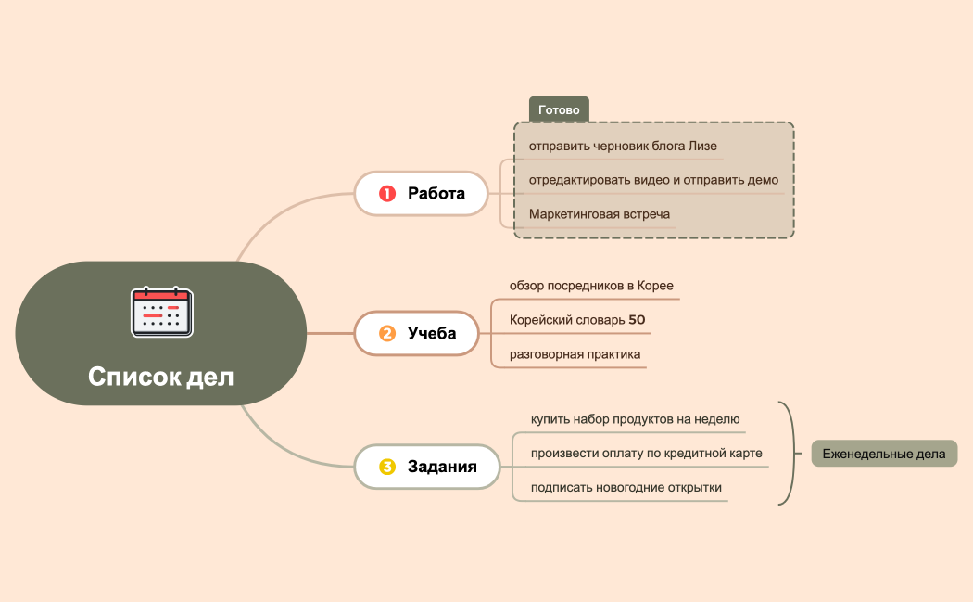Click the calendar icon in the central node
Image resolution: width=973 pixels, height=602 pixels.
click(161, 312)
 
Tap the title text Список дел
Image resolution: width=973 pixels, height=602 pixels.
click(161, 377)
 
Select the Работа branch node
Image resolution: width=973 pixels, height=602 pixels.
click(421, 194)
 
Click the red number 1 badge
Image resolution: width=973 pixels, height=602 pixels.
click(387, 194)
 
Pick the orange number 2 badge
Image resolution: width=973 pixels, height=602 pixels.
click(387, 333)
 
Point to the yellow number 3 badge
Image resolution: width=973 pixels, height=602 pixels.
click(387, 467)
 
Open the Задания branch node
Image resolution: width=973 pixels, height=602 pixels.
click(427, 467)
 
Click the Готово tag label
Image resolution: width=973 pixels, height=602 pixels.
click(559, 109)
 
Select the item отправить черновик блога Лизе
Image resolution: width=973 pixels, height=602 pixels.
click(623, 147)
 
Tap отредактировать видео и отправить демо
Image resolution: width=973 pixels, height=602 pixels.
click(653, 180)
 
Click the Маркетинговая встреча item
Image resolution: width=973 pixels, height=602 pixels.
click(600, 214)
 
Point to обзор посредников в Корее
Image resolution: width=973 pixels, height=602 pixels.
click(591, 285)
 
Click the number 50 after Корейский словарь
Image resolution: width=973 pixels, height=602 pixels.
click(637, 320)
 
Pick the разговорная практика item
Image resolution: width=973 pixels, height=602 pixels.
click(575, 354)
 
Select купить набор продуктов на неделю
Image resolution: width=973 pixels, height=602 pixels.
click(635, 419)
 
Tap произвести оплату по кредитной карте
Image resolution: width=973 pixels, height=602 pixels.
click(646, 454)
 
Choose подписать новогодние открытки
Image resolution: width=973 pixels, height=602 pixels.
click(625, 488)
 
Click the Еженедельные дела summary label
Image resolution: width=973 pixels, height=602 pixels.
click(884, 454)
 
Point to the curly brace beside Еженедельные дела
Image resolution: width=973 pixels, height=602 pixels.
click(790, 454)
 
